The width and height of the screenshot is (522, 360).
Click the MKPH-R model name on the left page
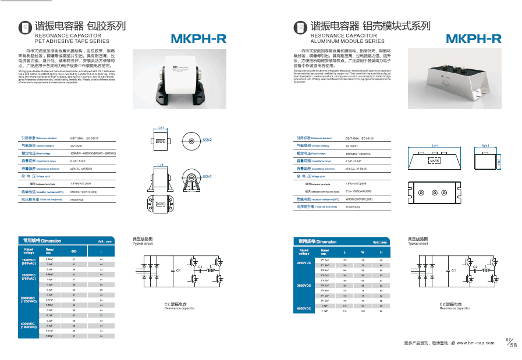[x=198, y=40]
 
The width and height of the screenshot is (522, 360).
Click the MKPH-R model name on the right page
[x=473, y=40]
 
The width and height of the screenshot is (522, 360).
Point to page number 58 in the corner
[x=513, y=345]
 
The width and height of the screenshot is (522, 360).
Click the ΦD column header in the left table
[x=74, y=251]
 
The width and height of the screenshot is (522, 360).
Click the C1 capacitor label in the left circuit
[x=179, y=271]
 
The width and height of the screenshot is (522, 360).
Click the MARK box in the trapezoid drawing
[x=434, y=160]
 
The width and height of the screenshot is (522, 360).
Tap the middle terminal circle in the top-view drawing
[x=434, y=193]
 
